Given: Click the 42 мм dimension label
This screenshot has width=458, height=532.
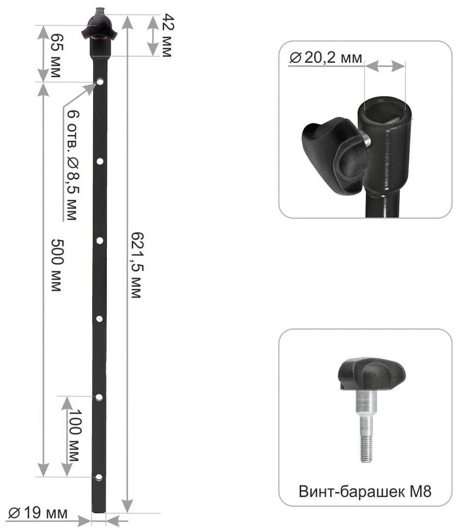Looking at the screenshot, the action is pyautogui.click(x=167, y=35).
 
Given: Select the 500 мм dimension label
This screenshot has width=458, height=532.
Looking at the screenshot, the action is pyautogui.click(x=56, y=265).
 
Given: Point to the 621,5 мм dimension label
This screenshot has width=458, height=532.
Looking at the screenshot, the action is pyautogui.click(x=136, y=265).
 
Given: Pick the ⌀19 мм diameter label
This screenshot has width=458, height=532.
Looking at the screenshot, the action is pyautogui.click(x=38, y=513).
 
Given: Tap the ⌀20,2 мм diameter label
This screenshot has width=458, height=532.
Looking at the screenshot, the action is pyautogui.click(x=326, y=58).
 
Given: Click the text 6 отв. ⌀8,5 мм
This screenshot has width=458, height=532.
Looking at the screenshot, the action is pyautogui.click(x=72, y=165).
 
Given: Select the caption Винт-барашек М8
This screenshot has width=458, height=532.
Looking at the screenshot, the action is pyautogui.click(x=365, y=491).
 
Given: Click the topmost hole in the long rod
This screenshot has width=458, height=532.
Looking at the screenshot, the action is pyautogui.click(x=100, y=82).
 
